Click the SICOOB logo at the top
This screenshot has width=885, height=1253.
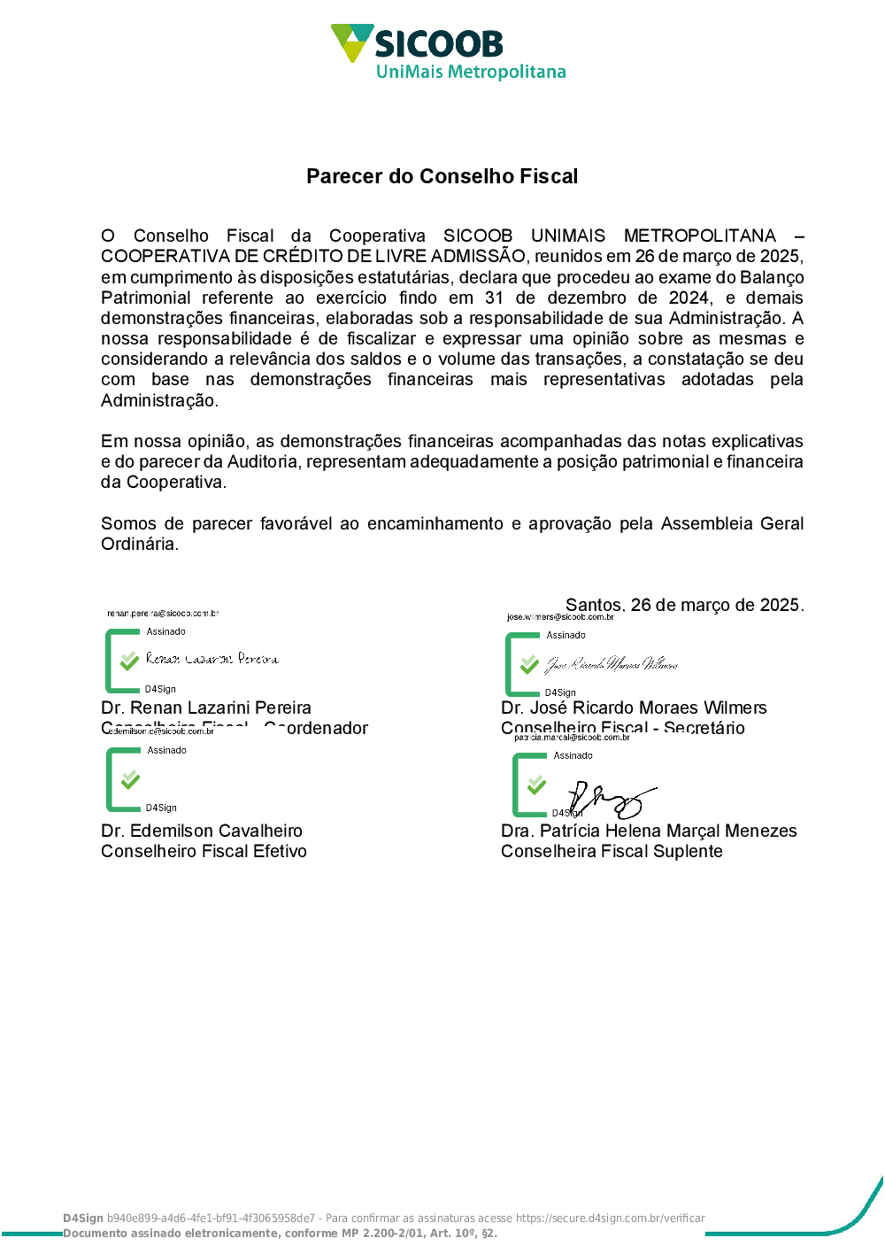[x=416, y=43]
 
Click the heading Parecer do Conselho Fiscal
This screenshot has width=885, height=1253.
[x=442, y=176]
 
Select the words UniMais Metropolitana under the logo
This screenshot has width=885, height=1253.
[x=471, y=73]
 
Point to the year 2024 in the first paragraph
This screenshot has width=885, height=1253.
[x=689, y=298]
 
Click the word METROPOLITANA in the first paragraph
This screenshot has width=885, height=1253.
[x=699, y=236]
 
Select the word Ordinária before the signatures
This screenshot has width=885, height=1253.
[x=139, y=544]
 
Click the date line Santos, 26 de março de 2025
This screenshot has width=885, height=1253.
[x=684, y=605]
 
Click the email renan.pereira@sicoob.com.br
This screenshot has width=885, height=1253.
[x=163, y=613]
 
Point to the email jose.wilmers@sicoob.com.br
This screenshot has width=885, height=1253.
[x=560, y=616]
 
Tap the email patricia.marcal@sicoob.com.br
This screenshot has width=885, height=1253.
[x=572, y=737]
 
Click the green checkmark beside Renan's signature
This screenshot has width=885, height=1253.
[x=129, y=661]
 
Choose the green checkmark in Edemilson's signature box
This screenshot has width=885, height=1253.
[x=130, y=779]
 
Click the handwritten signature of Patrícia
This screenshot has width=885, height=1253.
[x=611, y=800]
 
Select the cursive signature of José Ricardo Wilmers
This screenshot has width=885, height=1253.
[x=612, y=664]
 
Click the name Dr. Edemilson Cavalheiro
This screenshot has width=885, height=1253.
[x=202, y=831]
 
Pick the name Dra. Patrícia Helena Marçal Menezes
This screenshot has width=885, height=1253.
[x=649, y=831]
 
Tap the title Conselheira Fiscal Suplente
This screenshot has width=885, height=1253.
[x=612, y=851]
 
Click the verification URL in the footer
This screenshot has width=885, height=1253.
[x=611, y=1218]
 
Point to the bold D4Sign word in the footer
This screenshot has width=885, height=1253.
[x=83, y=1218]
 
